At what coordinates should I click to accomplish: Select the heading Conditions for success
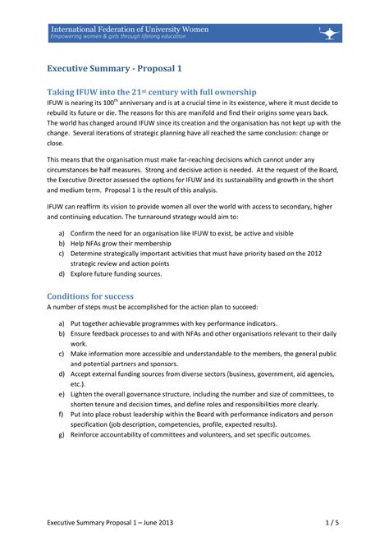pos(90,295)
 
